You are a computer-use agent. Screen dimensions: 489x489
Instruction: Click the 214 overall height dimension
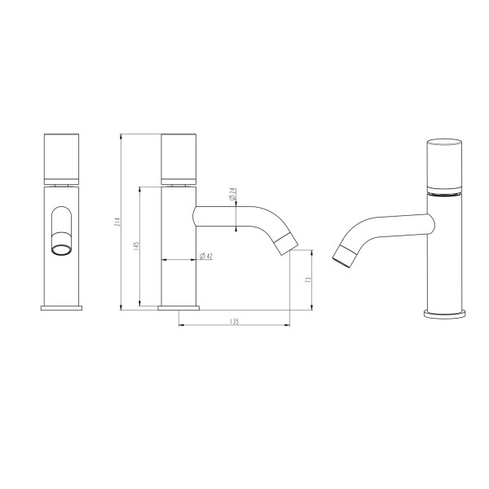[x=118, y=221]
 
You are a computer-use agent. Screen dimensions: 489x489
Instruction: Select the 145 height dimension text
[x=137, y=245]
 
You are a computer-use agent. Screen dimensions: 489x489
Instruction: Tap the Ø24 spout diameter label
[x=232, y=196]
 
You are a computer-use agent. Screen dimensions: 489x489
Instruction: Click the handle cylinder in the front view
[x=62, y=156]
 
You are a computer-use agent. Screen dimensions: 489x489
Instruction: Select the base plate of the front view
[x=62, y=308]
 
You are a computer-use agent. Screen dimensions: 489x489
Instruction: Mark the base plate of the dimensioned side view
[x=180, y=308]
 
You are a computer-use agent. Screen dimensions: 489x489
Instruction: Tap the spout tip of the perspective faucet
[x=343, y=255]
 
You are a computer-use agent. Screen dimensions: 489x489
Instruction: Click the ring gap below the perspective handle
[x=445, y=195]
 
